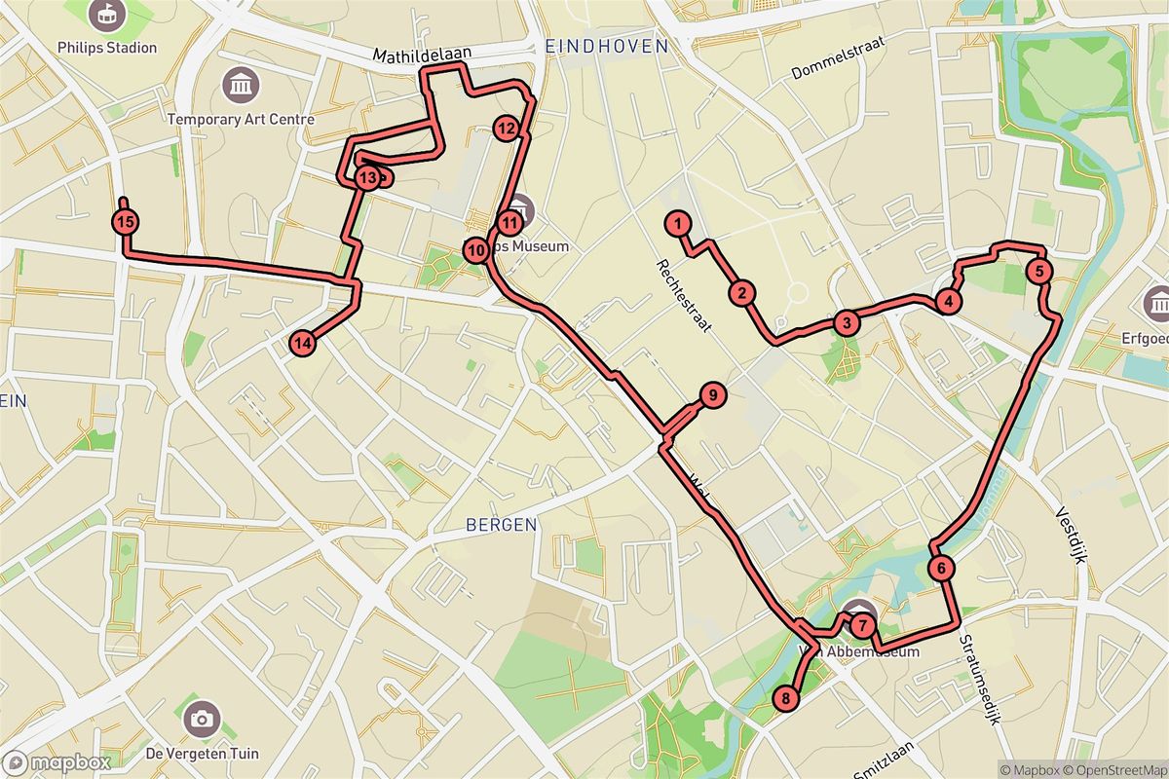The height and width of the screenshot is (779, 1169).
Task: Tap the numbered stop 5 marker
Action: pyautogui.click(x=1040, y=272)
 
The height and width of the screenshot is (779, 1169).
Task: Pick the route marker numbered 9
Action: pyautogui.click(x=712, y=395)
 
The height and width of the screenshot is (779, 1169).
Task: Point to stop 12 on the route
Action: pyautogui.click(x=505, y=128)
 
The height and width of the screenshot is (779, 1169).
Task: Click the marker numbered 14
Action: pyautogui.click(x=303, y=342)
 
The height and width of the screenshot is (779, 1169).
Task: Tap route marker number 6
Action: pyautogui.click(x=941, y=568)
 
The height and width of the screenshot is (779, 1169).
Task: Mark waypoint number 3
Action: pyautogui.click(x=847, y=323)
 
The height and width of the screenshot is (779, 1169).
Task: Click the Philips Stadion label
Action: pyautogui.click(x=108, y=47)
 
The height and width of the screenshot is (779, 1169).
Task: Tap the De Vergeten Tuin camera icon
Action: pyautogui.click(x=202, y=719)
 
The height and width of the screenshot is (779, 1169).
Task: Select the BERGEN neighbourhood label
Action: pyautogui.click(x=501, y=525)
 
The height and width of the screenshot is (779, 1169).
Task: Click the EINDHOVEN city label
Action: pyautogui.click(x=608, y=46)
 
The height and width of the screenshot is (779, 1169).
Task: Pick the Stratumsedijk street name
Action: pyautogui.click(x=979, y=682)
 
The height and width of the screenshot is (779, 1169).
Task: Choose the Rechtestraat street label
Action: pyautogui.click(x=684, y=297)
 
